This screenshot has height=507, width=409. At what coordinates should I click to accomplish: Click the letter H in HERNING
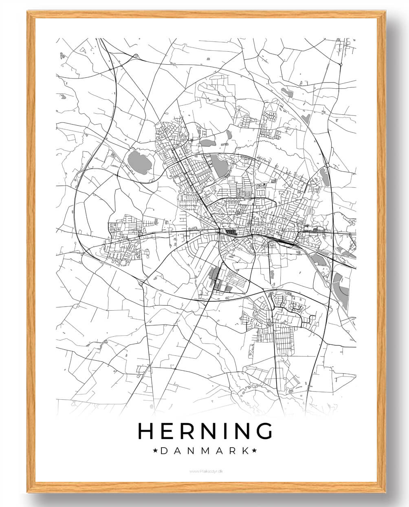pyautogui.click(x=146, y=431)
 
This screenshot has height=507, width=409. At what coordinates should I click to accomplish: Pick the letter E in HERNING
pyautogui.click(x=169, y=431)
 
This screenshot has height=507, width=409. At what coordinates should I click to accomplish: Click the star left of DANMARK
pyautogui.click(x=155, y=450)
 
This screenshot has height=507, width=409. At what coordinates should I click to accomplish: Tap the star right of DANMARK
pyautogui.click(x=254, y=450)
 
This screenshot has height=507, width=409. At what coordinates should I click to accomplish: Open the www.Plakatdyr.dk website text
pyautogui.click(x=206, y=471)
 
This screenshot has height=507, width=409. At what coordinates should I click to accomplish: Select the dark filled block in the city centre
pyautogui.click(x=231, y=233)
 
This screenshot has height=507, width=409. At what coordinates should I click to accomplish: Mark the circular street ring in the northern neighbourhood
pyautogui.click(x=184, y=138)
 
